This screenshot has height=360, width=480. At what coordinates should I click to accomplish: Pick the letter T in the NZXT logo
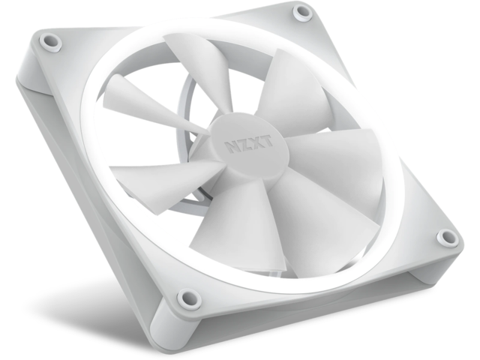point(268,142)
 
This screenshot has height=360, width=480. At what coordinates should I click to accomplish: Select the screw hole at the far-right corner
point(448,238)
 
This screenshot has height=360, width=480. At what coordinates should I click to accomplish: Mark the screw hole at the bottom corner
point(187,297)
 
